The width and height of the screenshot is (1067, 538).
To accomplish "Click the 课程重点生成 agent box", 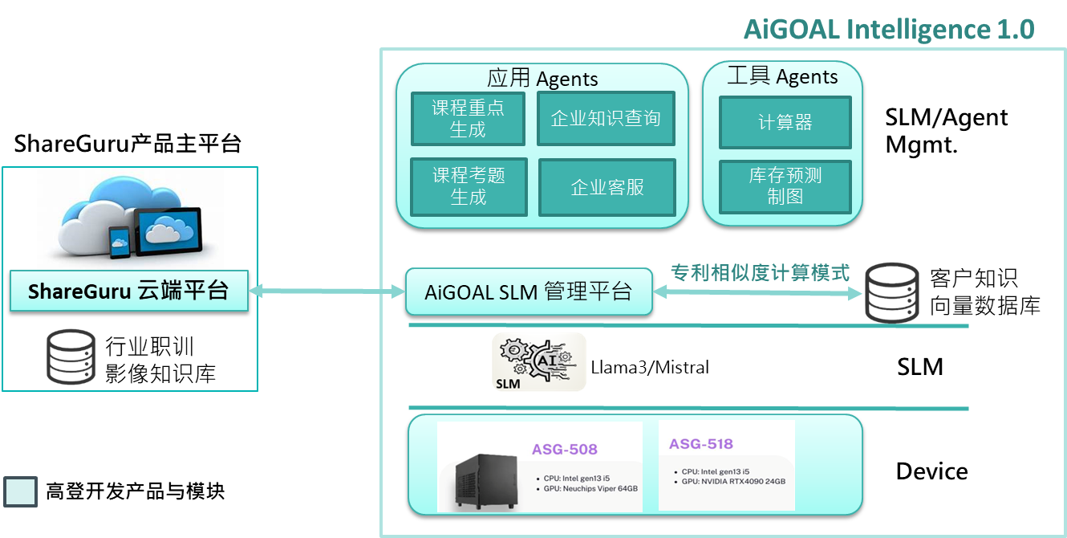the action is [x=468, y=119].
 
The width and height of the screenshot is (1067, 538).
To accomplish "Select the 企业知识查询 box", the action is [x=606, y=118].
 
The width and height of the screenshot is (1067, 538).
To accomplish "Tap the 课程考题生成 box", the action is [x=469, y=187].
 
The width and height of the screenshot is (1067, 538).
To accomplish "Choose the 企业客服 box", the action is [x=607, y=187].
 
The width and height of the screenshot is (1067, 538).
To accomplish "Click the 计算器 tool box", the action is [x=785, y=123].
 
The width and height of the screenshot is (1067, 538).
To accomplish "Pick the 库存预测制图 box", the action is [x=785, y=186].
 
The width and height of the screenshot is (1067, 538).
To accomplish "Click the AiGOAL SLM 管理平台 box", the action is [x=529, y=291].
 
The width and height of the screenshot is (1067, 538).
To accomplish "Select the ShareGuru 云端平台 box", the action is [x=129, y=291].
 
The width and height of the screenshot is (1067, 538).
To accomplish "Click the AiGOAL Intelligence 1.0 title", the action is [x=889, y=29].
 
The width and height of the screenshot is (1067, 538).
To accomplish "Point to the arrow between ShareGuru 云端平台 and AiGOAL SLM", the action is [x=327, y=291].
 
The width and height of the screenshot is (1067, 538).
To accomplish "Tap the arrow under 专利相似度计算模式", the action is [x=757, y=292].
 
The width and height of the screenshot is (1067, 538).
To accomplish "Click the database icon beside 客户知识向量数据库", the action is [x=892, y=293].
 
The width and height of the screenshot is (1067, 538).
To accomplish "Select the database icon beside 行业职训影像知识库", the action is [x=71, y=357].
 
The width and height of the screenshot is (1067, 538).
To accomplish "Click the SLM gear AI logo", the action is [x=539, y=362].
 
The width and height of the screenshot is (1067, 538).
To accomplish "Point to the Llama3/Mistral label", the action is [x=650, y=367].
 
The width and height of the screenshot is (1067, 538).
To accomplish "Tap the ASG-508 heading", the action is [x=565, y=450].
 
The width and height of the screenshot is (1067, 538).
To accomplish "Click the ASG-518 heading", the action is [x=700, y=444].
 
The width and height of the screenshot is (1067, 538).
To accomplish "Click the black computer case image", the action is [x=486, y=481].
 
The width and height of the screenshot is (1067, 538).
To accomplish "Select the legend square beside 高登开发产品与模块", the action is [x=21, y=491].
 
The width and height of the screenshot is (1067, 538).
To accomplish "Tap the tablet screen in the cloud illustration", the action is [x=167, y=230].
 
